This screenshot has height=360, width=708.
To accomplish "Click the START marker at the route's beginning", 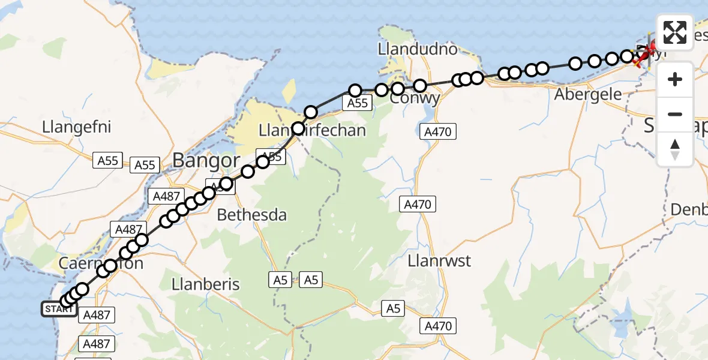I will point(58,310).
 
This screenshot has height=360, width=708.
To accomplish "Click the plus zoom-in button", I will point(675,79).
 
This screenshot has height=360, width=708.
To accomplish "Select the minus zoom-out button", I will point(675,114).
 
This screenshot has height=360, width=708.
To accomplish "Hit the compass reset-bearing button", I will point(675,149).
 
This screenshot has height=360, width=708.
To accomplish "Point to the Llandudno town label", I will point(418,49).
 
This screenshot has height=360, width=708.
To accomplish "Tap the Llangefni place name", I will point(77,127).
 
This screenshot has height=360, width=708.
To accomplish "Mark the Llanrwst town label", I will point(439,262).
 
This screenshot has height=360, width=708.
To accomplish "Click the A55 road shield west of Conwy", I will point(357,104).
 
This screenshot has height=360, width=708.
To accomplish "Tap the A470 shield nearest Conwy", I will point(440,131).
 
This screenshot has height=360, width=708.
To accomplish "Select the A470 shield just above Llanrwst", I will point(417,205).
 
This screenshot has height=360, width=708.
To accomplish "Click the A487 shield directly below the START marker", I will point(96,314).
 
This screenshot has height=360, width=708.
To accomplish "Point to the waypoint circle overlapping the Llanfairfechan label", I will point(298,128).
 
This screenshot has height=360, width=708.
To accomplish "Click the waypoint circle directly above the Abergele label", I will point(575,63).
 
